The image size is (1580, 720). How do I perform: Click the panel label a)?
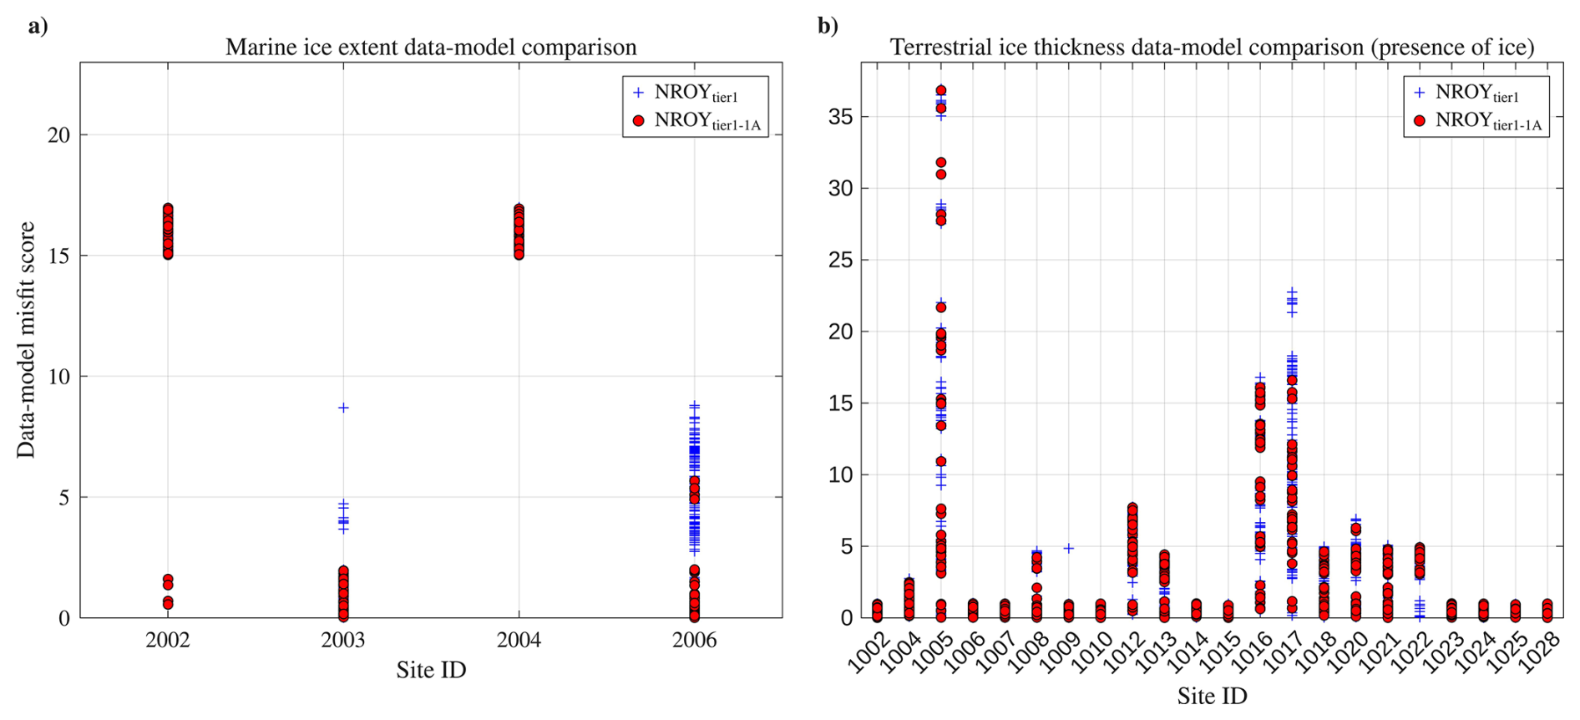coord(38,27)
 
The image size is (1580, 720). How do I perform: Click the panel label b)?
coord(828,27)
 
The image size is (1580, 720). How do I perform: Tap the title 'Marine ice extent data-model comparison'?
coord(431,48)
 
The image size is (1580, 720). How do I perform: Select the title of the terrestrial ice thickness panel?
coord(1212,48)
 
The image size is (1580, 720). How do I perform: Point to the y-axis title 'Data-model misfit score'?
coord(26,340)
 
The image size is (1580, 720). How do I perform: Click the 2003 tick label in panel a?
coord(343,641)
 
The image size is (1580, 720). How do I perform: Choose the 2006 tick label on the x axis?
coord(694,641)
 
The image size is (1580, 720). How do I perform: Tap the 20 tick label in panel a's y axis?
coord(58,135)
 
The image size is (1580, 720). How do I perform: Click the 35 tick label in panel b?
coord(841,117)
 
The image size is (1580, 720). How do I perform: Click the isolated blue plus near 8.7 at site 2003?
coord(343,408)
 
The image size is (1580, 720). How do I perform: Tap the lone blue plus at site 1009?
coord(1068,548)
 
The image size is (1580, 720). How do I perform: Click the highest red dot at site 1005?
coord(941,90)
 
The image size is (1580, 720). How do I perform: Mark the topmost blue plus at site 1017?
coord(1292,292)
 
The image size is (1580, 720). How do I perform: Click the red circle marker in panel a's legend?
coord(639,121)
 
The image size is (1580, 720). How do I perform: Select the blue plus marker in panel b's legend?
coord(1420,93)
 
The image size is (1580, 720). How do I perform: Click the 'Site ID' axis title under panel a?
coord(431,670)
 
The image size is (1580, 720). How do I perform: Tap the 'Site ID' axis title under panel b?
coord(1212,696)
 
